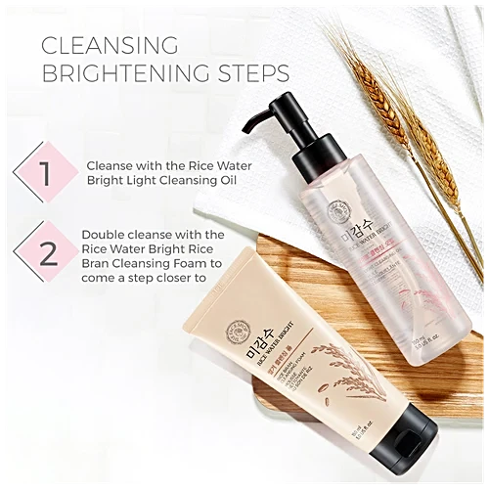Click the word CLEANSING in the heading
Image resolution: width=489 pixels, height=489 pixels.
coord(107,45)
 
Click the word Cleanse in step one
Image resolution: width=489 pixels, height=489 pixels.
coord(113,165)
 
